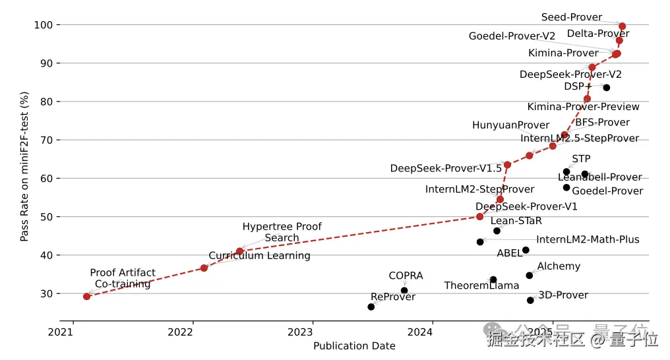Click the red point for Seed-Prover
point(622,26)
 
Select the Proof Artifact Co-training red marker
point(86,297)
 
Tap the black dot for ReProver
point(371,307)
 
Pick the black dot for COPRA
point(404,291)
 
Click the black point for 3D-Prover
point(530,301)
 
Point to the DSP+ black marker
point(607,88)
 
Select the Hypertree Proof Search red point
point(239,251)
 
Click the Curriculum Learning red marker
point(204,268)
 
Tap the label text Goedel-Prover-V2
point(512,36)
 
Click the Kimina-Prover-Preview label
point(583,107)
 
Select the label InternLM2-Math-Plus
point(588,239)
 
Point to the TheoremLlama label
point(481,285)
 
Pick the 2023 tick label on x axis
point(313,332)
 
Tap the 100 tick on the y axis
point(44,25)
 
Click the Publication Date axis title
point(354,346)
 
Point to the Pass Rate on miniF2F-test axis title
point(25,166)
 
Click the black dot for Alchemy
point(529,276)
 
